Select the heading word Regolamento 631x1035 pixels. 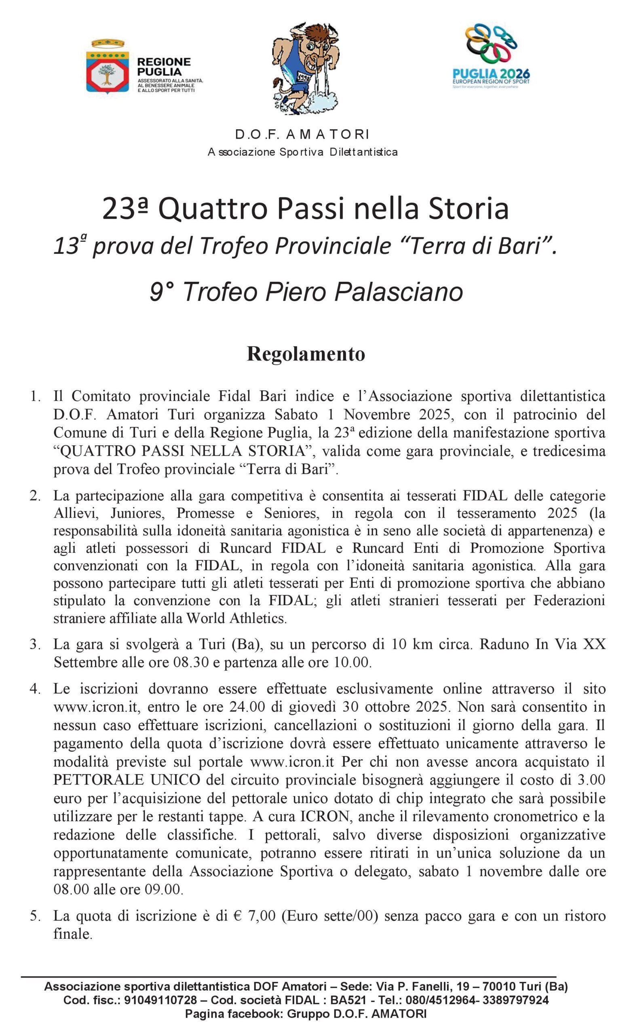(x=306, y=354)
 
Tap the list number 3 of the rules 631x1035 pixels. (x=34, y=644)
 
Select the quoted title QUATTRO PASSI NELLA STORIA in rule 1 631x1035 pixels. (x=182, y=451)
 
